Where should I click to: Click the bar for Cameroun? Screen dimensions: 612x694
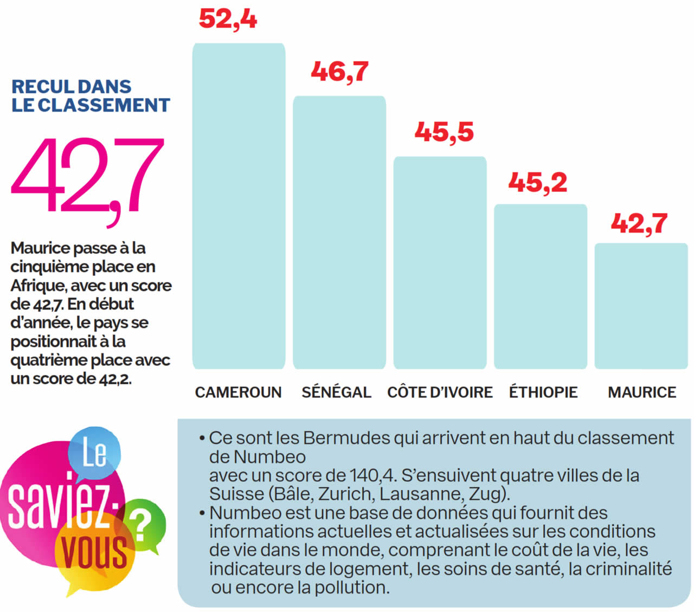(239, 206)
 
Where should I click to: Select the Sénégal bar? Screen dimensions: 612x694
(339, 233)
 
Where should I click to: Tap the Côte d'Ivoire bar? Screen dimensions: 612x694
(440, 263)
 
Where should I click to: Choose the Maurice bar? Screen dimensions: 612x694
(641, 306)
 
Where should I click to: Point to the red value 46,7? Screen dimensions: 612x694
(340, 72)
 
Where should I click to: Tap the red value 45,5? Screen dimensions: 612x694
(444, 132)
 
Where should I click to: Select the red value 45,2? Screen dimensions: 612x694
(538, 182)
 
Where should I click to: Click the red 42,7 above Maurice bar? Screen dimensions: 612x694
(639, 223)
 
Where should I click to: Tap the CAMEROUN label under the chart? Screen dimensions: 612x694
(238, 392)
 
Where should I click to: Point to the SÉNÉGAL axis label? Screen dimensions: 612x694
(336, 392)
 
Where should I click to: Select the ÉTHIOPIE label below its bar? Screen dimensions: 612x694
(543, 392)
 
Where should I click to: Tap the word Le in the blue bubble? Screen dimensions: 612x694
(94, 453)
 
